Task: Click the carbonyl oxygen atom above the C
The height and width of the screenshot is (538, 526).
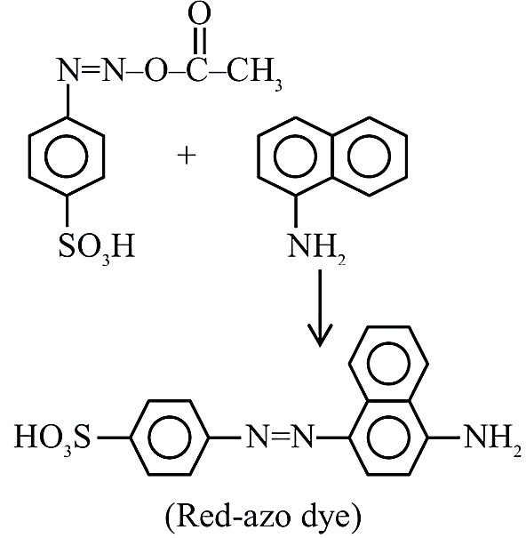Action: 199,14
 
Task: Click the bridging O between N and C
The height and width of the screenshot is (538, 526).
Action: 156,70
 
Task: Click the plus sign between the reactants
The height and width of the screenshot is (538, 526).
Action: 187,156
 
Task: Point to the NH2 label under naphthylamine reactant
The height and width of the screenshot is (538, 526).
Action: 316,248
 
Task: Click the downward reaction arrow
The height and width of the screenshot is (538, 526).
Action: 320,308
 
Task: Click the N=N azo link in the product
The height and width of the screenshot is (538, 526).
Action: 280,437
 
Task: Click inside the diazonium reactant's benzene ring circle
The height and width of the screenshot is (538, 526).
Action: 67,157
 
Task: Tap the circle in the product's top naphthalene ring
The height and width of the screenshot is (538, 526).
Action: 388,364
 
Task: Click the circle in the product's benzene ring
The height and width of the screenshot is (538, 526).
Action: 170,438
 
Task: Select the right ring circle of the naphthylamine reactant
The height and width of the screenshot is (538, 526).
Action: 369,157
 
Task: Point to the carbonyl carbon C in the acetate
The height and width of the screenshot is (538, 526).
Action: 197,70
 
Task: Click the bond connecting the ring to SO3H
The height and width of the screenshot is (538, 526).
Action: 67,211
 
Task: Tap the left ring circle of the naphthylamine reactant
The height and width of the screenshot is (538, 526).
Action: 295,157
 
